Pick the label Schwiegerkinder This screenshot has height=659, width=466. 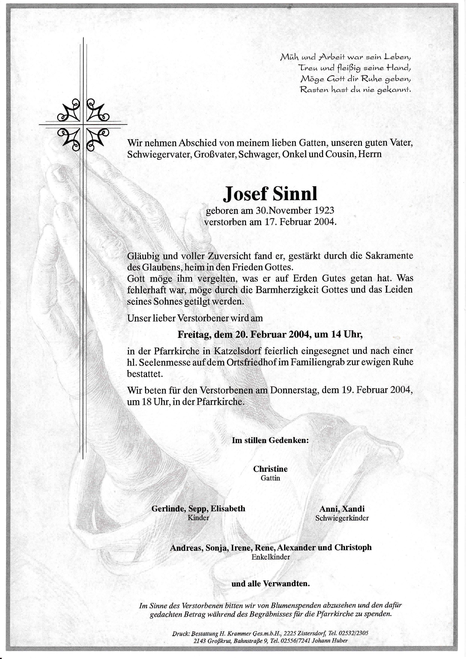point(342,518)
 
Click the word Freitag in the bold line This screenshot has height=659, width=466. point(194,335)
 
